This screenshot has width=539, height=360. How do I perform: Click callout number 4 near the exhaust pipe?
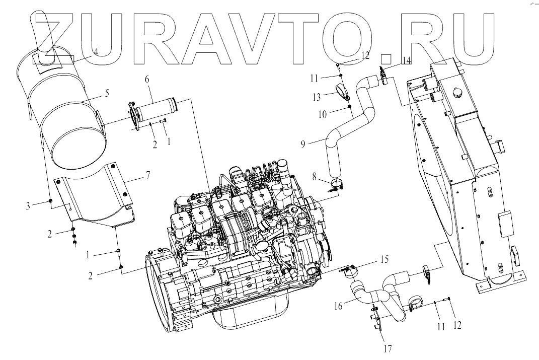pyautogui.click(x=96, y=52)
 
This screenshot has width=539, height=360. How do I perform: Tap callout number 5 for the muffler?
pyautogui.click(x=107, y=93)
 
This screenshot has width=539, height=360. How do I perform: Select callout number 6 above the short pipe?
pyautogui.click(x=147, y=80)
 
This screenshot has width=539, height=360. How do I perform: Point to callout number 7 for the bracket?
pyautogui.click(x=148, y=175)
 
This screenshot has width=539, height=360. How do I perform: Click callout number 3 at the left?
pyautogui.click(x=28, y=206)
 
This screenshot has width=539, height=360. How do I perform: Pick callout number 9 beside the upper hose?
pyautogui.click(x=303, y=143)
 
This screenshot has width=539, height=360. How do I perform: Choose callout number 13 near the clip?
pyautogui.click(x=316, y=97)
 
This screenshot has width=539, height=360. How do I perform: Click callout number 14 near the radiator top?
pyautogui.click(x=407, y=61)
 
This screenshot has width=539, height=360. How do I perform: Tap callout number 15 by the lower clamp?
pyautogui.click(x=384, y=259)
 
